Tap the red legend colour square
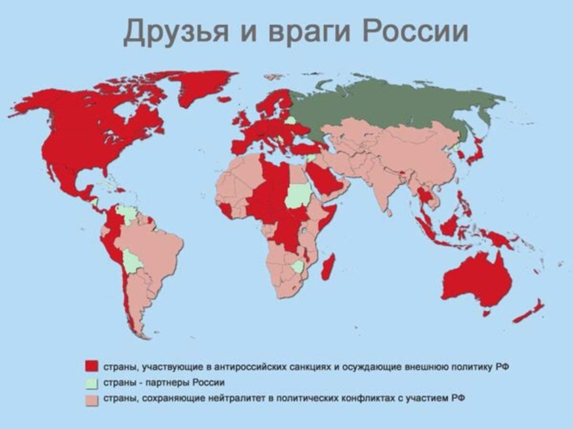tap(90, 366)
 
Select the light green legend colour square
tap(90, 382)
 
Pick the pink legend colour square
tap(90, 399)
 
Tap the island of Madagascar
tap(328, 266)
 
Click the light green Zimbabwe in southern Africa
tap(297, 266)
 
